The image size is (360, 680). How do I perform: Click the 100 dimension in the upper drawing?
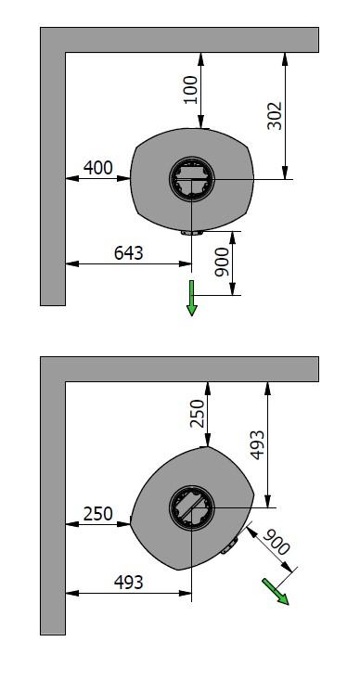click(191, 90)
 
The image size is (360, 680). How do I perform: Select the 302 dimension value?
click(275, 116)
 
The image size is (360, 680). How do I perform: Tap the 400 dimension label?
click(98, 167)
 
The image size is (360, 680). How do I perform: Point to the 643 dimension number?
click(128, 253)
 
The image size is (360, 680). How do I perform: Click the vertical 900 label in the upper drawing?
click(222, 262)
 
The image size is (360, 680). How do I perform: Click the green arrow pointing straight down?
click(192, 298)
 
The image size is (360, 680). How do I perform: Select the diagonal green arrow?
click(275, 591)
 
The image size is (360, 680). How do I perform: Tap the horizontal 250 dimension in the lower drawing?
click(98, 514)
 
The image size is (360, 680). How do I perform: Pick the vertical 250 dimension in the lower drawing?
click(198, 414)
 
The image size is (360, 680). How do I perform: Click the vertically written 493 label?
click(257, 444)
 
